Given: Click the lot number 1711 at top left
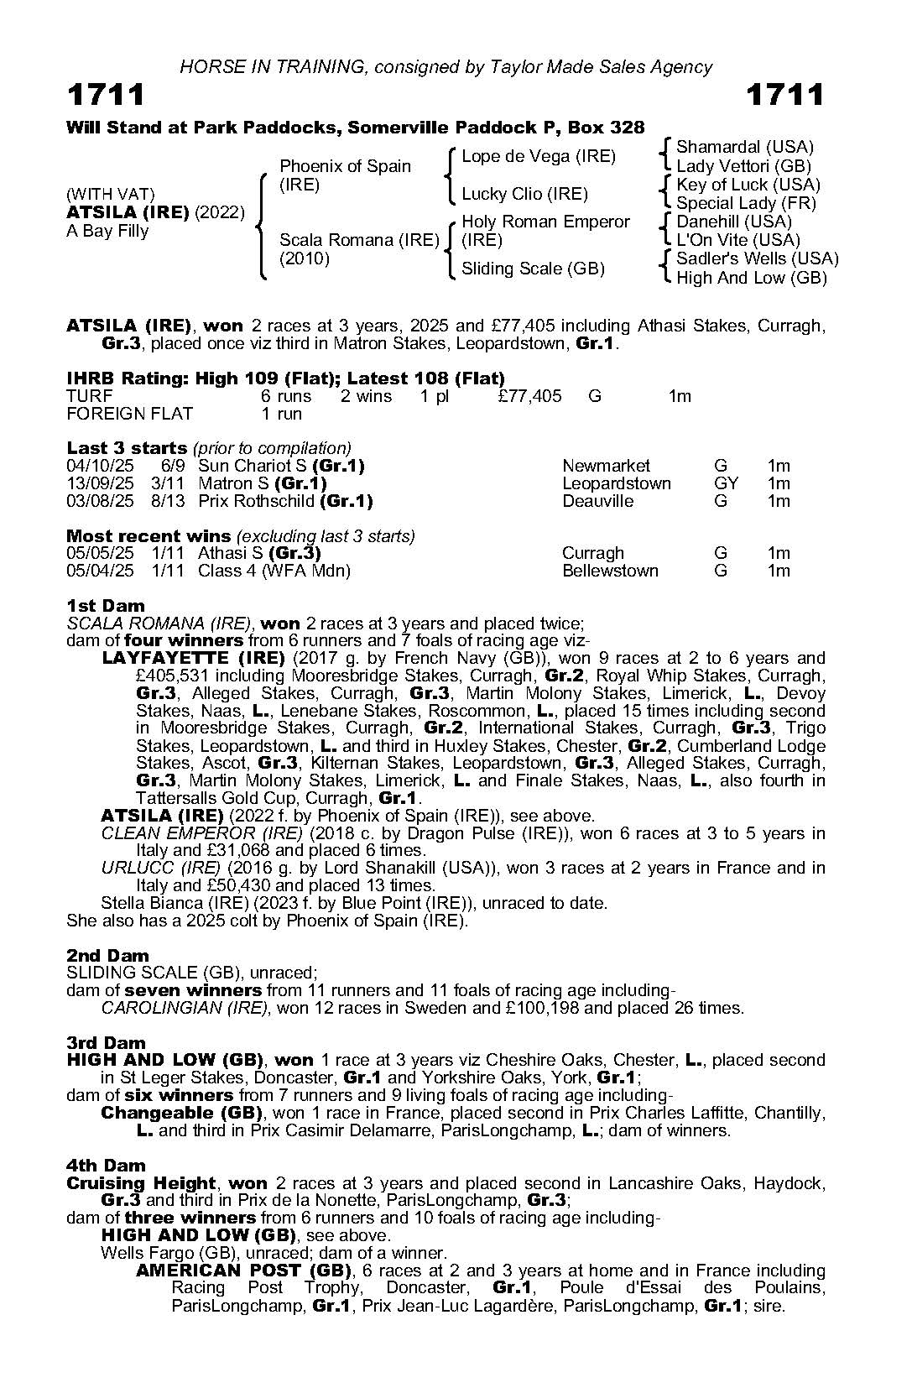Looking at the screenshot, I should (106, 95).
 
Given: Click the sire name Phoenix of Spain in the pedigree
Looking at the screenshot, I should (345, 166).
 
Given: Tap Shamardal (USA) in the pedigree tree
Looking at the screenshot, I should (745, 147).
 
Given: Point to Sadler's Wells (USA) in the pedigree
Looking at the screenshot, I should (757, 258).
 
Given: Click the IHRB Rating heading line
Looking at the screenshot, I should (285, 378).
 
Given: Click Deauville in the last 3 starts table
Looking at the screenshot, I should (598, 501).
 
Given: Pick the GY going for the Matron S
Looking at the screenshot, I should (726, 483).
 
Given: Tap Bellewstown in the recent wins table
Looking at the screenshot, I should (610, 571).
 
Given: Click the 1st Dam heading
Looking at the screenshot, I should (105, 606).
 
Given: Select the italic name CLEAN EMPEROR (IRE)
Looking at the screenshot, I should (201, 833).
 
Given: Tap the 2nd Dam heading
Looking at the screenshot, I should (107, 956).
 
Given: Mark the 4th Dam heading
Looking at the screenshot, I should (106, 1166).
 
